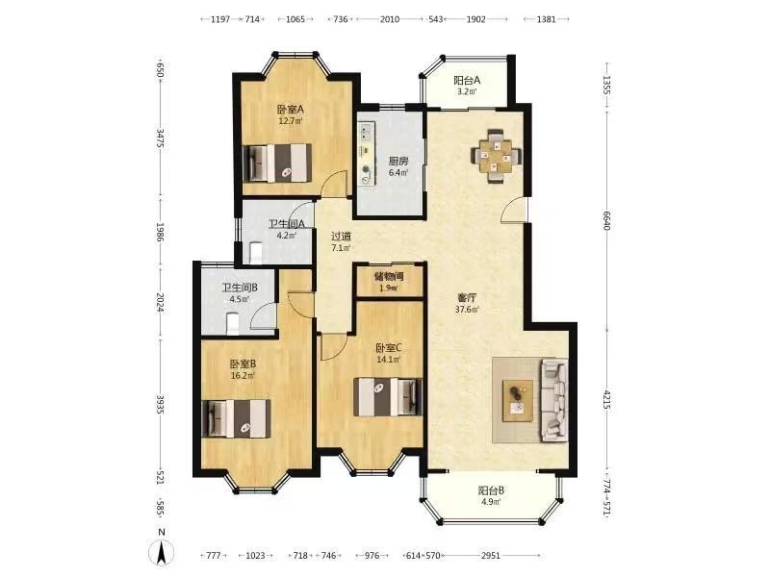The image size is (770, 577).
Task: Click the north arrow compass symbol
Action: pyautogui.click(x=161, y=552)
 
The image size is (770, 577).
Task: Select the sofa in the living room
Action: pyautogui.click(x=555, y=400)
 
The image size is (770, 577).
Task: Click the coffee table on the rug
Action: pyautogui.click(x=518, y=400)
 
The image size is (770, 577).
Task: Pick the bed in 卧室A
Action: pyautogui.click(x=278, y=163)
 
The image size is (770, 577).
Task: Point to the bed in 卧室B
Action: pyautogui.click(x=237, y=418)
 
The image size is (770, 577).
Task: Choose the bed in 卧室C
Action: pyautogui.click(x=388, y=396)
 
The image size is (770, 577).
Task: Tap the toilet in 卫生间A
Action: pyautogui.click(x=256, y=252)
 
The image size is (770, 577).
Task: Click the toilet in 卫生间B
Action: pyautogui.click(x=233, y=324)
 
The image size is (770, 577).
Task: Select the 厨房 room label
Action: pyautogui.click(x=398, y=161)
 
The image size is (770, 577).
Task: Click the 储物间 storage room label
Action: pyautogui.click(x=389, y=276)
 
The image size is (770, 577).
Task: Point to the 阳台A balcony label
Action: pyautogui.click(x=467, y=80)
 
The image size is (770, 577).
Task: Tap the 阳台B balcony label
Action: pyautogui.click(x=491, y=490)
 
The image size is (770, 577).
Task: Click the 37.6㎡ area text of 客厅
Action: pyautogui.click(x=467, y=309)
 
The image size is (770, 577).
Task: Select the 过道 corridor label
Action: pyautogui.click(x=341, y=236)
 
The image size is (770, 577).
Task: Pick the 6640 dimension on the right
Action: pyautogui.click(x=607, y=220)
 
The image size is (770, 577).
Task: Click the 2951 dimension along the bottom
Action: pyautogui.click(x=490, y=556)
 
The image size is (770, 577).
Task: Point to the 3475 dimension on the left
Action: pyautogui.click(x=160, y=138)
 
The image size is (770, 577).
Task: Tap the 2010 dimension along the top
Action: pyautogui.click(x=390, y=19)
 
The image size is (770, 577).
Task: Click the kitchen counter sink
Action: pyautogui.click(x=365, y=133)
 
